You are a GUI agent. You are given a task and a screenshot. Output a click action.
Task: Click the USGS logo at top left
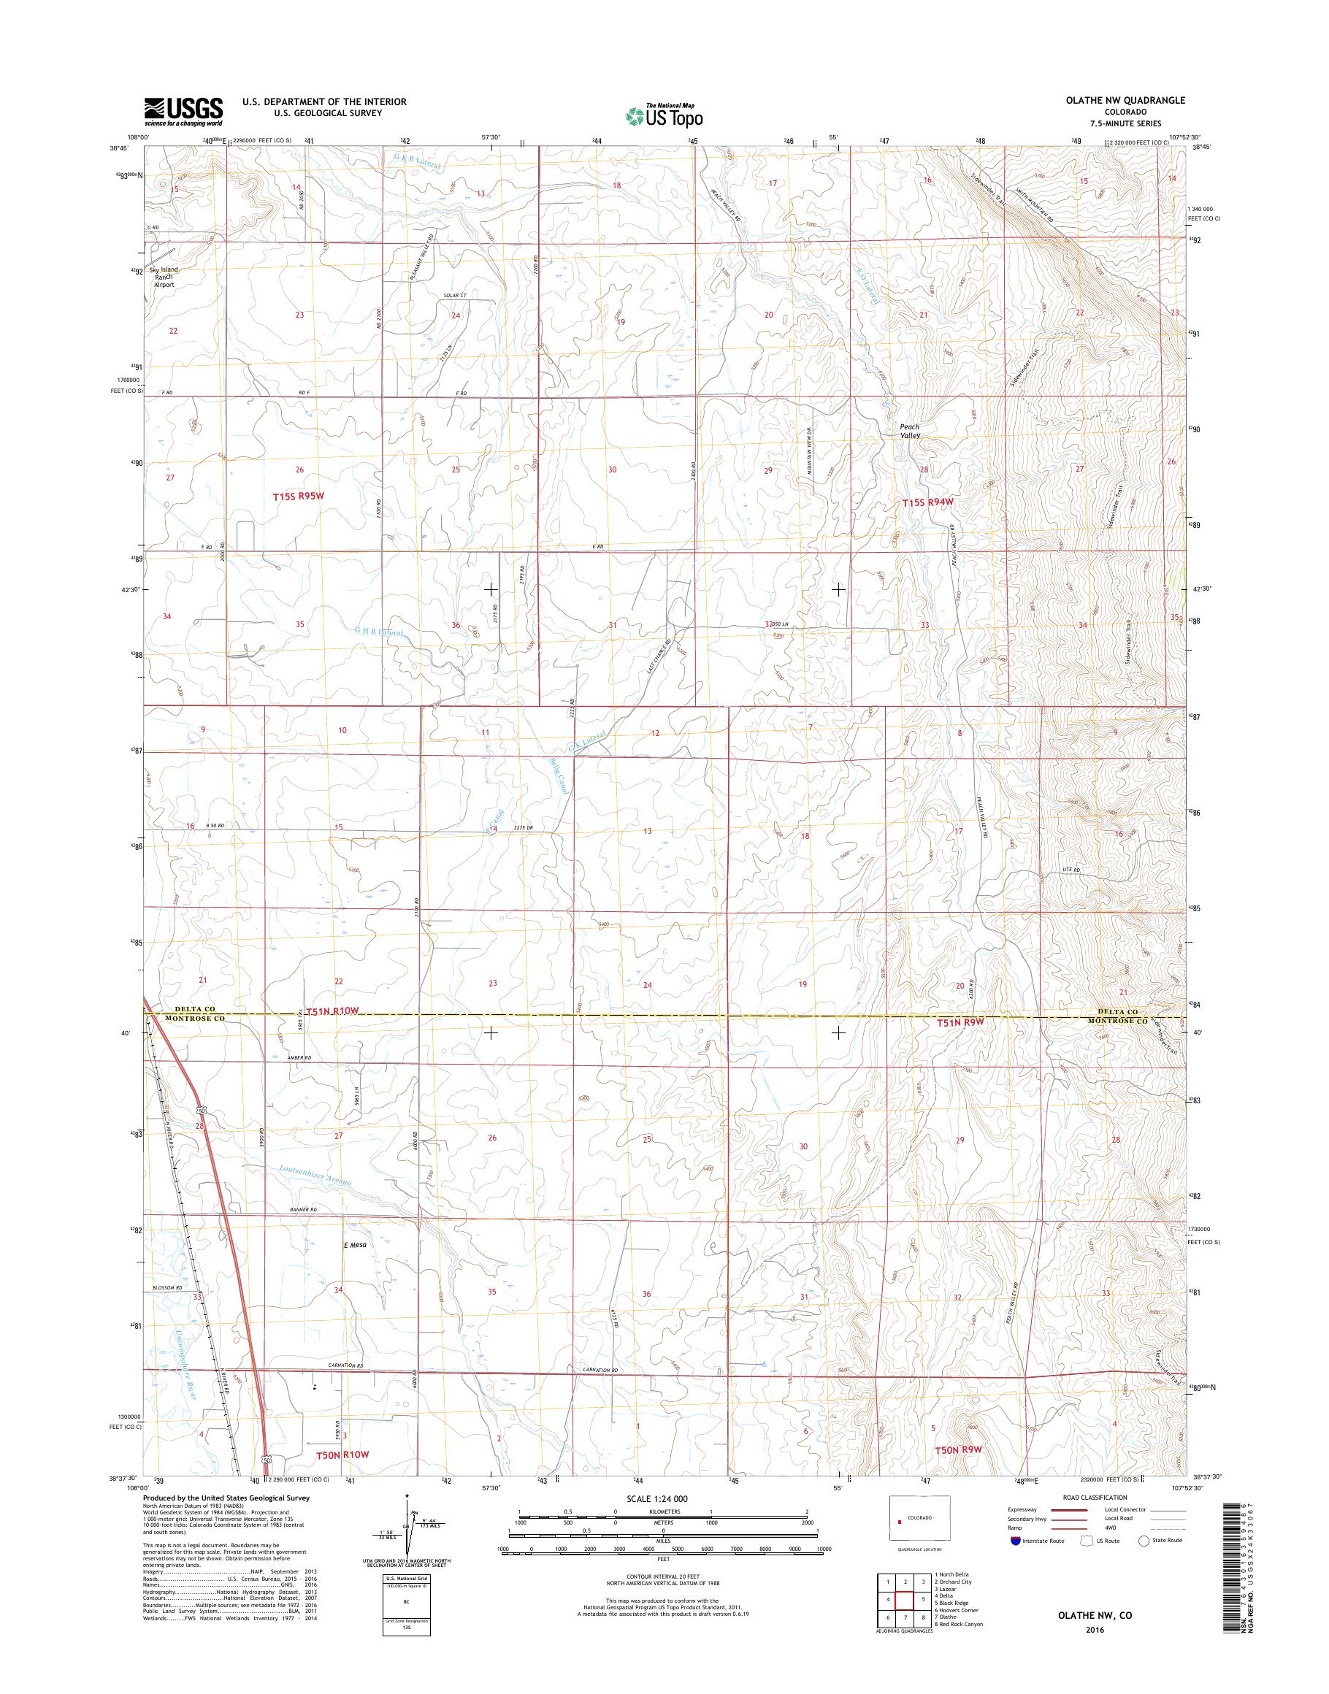pos(183,111)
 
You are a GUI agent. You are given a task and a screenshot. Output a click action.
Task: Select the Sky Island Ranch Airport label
pos(164,277)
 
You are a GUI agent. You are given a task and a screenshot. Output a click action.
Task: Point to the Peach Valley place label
pos(910,431)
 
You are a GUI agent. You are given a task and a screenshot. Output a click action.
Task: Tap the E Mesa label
pos(355,1266)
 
